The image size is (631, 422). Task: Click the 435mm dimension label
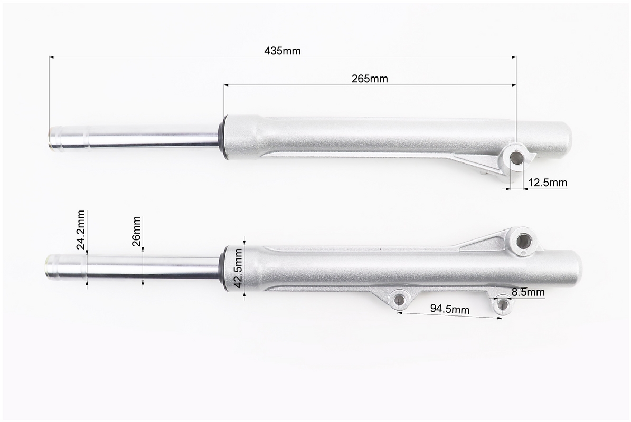282,51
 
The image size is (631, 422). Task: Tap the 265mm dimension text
370,79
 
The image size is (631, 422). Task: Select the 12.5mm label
547,183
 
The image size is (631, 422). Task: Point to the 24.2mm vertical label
80,230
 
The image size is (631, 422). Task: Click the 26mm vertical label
136,231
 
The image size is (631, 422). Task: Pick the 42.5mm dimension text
238,268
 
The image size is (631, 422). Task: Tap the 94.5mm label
449,309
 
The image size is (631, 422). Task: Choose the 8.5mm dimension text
528,292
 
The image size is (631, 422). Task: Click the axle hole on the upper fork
516,158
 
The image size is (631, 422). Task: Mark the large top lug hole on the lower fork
524,241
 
